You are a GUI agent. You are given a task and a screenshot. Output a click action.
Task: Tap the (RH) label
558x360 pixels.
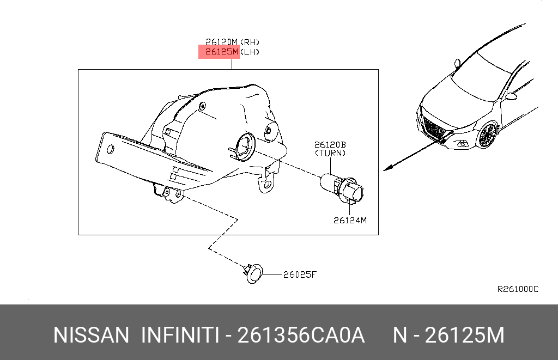click(x=250, y=41)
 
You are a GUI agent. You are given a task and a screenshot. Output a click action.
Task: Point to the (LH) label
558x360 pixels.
click(x=250, y=52)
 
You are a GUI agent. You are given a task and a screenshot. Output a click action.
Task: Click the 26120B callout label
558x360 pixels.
click(x=330, y=145)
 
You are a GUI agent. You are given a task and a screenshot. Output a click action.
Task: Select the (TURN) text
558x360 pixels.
click(x=330, y=153)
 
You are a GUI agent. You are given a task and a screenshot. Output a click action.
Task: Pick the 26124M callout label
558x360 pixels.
click(x=350, y=220)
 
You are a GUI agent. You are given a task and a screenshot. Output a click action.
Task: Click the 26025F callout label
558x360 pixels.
click(x=299, y=274)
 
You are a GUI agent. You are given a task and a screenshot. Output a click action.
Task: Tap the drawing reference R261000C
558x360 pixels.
click(x=517, y=289)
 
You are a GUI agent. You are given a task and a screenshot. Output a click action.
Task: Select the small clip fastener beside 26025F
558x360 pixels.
click(x=253, y=273)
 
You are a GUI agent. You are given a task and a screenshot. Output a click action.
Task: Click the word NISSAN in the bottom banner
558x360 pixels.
click(x=91, y=335)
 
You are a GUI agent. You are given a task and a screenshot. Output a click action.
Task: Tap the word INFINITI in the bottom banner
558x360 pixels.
click(x=180, y=335)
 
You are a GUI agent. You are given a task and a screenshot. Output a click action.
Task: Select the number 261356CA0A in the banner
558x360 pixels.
click(x=302, y=335)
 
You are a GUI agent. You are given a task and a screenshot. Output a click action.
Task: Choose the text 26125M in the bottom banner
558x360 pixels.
click(x=464, y=335)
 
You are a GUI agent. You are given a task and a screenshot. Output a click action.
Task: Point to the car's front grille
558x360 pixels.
click(x=435, y=130)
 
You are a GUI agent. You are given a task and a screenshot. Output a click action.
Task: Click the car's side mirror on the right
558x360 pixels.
click(x=511, y=96)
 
